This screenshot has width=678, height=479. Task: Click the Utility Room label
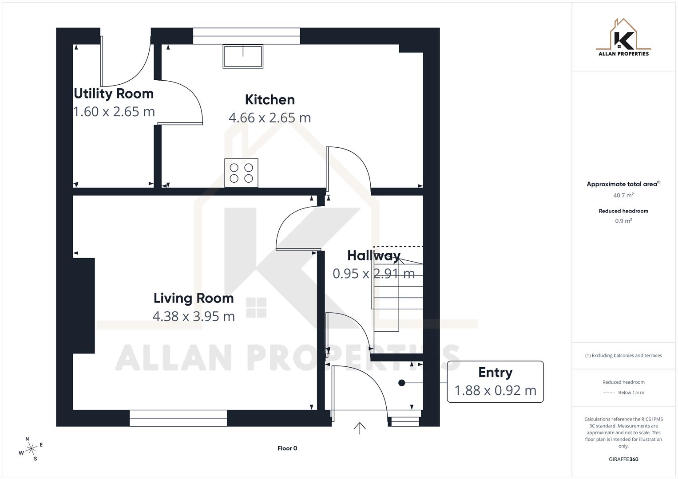(114, 94)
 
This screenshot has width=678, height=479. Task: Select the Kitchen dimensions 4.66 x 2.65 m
(270, 118)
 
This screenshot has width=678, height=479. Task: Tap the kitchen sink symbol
(242, 56)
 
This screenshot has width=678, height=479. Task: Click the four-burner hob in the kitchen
(241, 173)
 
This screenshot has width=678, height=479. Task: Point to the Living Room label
(194, 298)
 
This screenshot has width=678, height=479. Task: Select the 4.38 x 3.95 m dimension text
(194, 316)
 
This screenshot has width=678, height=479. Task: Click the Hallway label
(373, 255)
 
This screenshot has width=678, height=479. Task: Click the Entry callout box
(495, 381)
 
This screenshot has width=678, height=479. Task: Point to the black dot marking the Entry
(402, 383)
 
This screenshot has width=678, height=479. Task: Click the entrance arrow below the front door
(360, 428)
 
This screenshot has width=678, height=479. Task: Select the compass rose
(31, 449)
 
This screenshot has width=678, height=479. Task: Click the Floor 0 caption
(287, 448)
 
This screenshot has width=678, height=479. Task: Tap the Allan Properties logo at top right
(623, 38)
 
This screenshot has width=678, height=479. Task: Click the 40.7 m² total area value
(623, 195)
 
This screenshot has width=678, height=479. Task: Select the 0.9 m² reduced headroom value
(623, 221)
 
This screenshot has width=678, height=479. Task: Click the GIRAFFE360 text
(623, 459)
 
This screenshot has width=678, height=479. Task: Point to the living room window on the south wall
(178, 418)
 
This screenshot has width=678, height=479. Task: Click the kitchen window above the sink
(246, 36)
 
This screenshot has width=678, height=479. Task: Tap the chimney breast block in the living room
(84, 306)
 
